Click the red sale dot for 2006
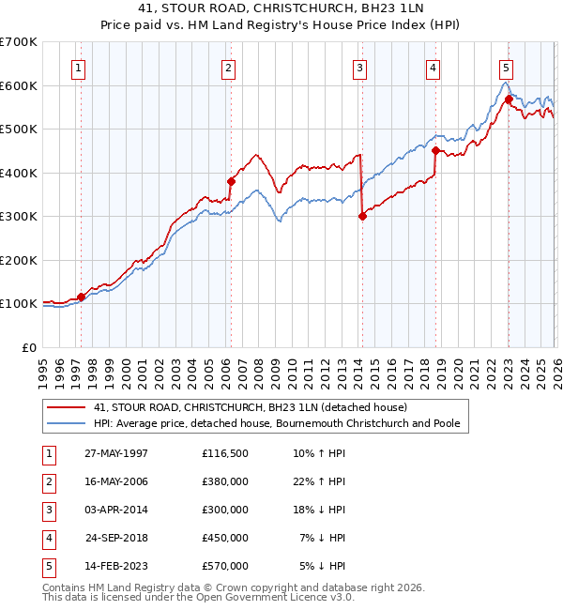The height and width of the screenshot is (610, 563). [x=231, y=181]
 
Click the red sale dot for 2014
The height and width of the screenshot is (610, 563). [x=362, y=216]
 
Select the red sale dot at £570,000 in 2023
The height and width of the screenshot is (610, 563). [x=509, y=99]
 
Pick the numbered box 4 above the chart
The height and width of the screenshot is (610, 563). [x=433, y=67]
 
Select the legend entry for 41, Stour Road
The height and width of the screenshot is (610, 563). [x=250, y=407]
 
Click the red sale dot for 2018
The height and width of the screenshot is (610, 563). [x=436, y=149]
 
